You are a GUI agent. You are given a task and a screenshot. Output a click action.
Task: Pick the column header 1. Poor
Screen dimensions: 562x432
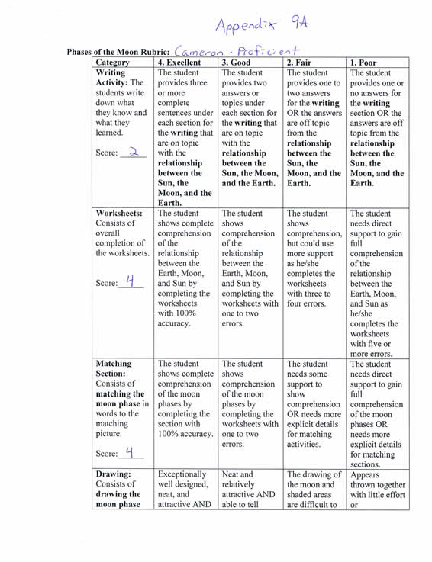(367, 63)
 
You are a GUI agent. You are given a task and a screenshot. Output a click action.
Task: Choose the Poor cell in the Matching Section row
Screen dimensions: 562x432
(376, 413)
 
